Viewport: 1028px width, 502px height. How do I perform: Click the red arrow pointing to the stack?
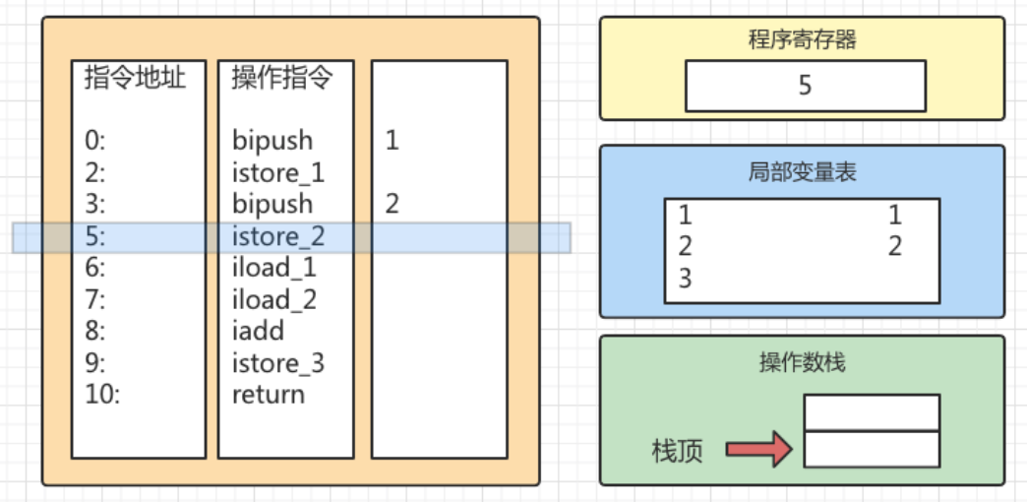click(758, 450)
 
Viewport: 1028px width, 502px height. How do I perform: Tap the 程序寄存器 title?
click(802, 40)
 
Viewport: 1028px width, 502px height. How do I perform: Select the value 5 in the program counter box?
click(805, 86)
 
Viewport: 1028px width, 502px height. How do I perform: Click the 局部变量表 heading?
click(802, 172)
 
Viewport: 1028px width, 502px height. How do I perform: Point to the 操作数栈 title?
click(802, 362)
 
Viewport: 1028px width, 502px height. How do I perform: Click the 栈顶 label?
click(677, 452)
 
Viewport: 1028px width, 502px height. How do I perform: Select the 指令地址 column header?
click(135, 78)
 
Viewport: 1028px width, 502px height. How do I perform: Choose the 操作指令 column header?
click(282, 78)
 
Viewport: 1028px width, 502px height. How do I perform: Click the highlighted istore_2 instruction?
click(278, 236)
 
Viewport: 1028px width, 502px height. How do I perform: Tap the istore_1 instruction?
click(278, 173)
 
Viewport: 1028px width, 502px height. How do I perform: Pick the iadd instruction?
click(258, 331)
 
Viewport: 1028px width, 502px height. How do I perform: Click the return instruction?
click(269, 395)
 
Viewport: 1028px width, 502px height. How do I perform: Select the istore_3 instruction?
click(278, 363)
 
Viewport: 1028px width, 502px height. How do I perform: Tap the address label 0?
click(94, 141)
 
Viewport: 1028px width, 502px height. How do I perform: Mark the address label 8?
click(94, 331)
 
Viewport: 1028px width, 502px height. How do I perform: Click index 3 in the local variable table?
click(685, 279)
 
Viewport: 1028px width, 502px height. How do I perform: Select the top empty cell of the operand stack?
click(872, 412)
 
